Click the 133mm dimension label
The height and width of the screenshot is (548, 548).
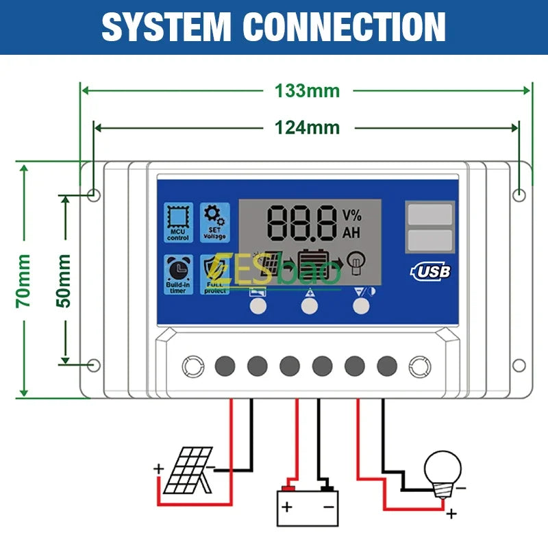tap(307, 90)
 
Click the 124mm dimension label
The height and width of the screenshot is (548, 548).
tap(307, 127)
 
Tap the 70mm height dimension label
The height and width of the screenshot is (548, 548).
tap(24, 279)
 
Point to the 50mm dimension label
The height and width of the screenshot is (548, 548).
tap(64, 279)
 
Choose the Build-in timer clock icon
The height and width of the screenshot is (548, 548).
tap(178, 275)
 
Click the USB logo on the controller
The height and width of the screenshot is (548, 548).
tap(430, 271)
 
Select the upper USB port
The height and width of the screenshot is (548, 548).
tap(429, 214)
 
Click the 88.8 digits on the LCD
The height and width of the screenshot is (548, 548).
tap(302, 221)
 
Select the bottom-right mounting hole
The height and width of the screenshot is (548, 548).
tap(519, 366)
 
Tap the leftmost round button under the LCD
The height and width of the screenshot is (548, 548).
tap(258, 306)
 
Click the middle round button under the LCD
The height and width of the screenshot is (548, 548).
tap(310, 306)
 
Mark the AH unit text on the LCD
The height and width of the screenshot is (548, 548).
tap(351, 233)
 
